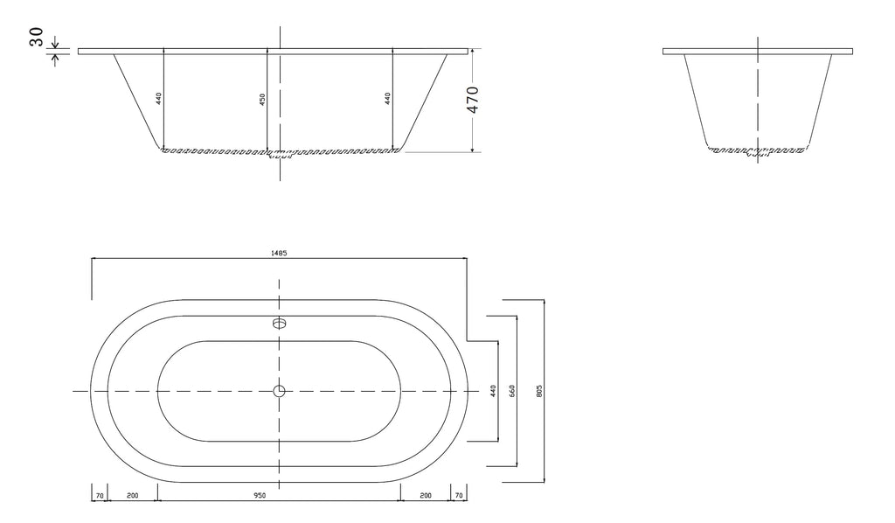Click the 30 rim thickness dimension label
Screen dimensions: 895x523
point(37,37)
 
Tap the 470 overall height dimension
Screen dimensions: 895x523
point(473,100)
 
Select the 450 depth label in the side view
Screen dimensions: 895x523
point(262,100)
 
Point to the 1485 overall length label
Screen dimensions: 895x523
point(279,253)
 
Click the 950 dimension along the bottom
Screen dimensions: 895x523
point(260,496)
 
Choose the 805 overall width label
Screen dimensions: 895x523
point(538,391)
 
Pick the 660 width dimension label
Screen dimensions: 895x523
point(512,391)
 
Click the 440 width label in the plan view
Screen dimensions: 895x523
point(493,391)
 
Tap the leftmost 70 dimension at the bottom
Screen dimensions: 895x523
point(100,496)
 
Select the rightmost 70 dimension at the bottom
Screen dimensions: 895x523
point(459,496)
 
